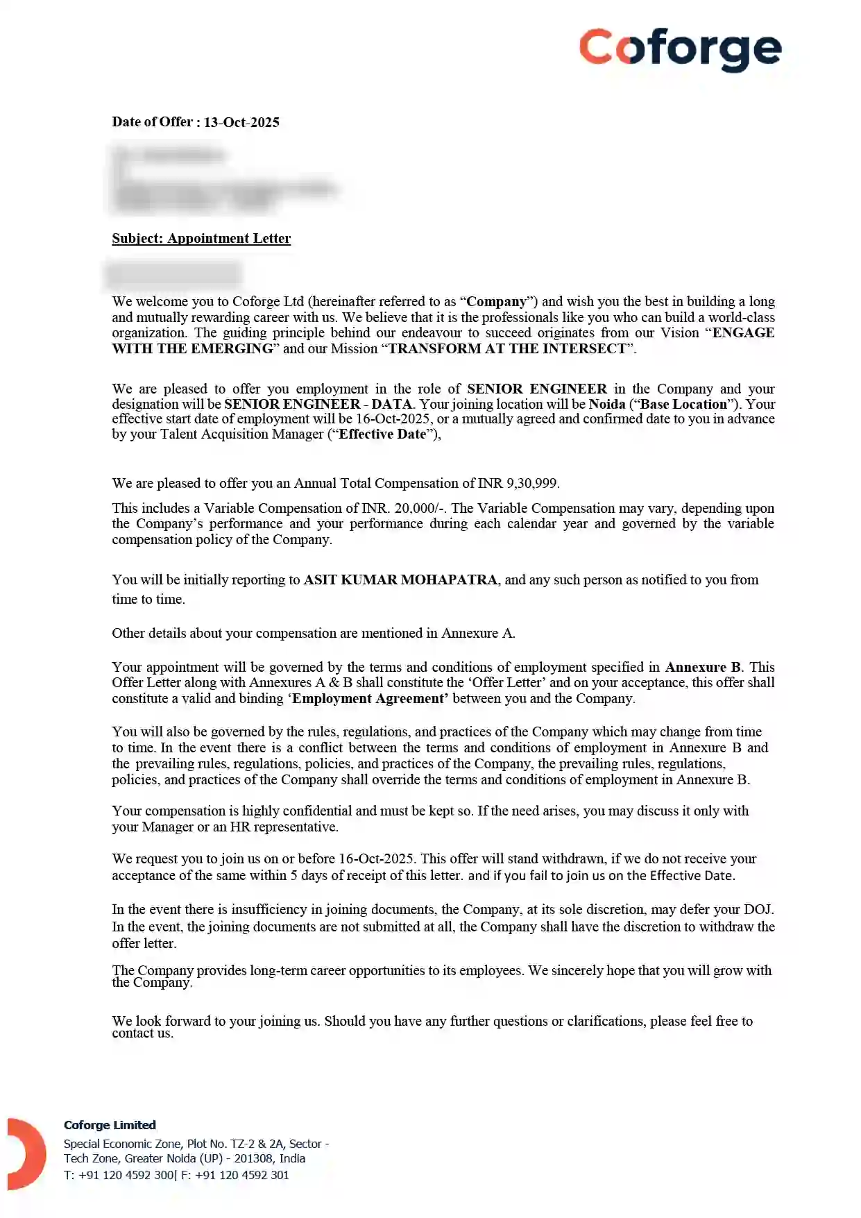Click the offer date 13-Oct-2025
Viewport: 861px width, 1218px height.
[241, 122]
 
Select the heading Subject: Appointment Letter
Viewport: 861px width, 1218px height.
[201, 238]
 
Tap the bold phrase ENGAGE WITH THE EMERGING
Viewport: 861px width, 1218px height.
[742, 332]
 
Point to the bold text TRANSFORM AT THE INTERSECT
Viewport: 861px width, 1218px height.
[506, 348]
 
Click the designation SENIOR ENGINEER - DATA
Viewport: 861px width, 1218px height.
[318, 404]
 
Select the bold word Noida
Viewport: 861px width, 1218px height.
[607, 404]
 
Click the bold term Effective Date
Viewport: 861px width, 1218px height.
[382, 434]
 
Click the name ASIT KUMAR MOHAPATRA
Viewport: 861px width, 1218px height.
[400, 580]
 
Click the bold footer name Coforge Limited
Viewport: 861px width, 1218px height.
[110, 1125]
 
